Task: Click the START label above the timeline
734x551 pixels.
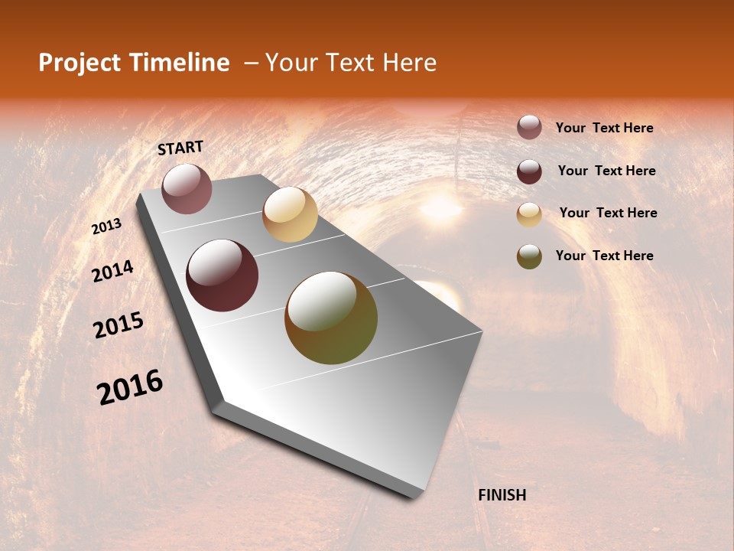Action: point(180,148)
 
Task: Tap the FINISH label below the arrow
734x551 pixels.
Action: point(502,495)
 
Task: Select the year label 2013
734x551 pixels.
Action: point(106,227)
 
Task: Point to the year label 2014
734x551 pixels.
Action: point(112,272)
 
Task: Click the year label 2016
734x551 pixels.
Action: point(130,387)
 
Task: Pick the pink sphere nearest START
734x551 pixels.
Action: point(187,188)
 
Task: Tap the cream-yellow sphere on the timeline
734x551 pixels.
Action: point(290,214)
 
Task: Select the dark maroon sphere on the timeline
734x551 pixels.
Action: point(222,275)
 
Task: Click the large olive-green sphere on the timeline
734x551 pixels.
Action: point(331,318)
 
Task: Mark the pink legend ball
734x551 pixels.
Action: point(529,127)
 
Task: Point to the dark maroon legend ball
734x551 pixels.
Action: point(529,171)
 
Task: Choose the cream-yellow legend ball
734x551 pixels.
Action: point(529,214)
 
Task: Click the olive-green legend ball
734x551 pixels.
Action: point(529,256)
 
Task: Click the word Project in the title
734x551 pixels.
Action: point(79,64)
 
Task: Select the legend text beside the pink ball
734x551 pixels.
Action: point(604,128)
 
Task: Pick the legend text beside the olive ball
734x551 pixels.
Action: point(604,256)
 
